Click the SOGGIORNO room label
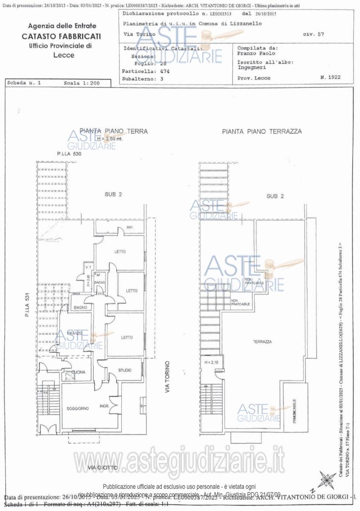pos(78,409)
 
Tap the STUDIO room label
pos(125,371)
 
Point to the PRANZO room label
pos(74,333)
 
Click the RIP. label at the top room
pos(130,227)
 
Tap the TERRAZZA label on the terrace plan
pos(263,341)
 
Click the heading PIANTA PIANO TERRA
pos(114,131)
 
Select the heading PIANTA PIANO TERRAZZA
pos(262,131)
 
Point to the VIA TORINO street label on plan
pos(167,377)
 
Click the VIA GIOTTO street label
pos(103,468)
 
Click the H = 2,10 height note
pos(212,362)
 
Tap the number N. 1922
pos(330,78)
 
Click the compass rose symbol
pos(328,480)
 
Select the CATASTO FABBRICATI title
pos(61,36)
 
